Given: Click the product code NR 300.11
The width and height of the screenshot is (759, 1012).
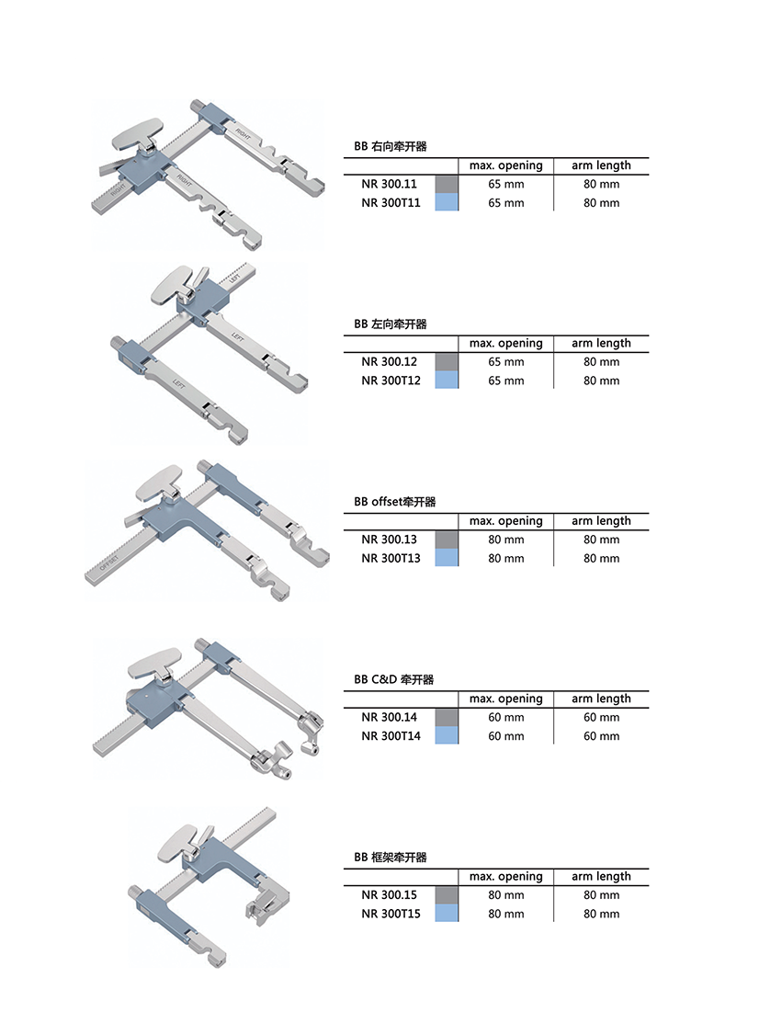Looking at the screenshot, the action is [390, 184].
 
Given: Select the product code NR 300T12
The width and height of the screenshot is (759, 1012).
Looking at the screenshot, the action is [391, 381].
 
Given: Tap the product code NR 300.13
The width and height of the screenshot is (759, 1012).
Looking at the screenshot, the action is [390, 540].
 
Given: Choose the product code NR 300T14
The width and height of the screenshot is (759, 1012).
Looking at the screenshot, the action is [391, 736].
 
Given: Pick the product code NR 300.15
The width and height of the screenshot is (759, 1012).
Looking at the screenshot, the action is [390, 895].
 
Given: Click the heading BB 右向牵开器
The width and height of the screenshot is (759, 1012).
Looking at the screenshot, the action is [391, 146].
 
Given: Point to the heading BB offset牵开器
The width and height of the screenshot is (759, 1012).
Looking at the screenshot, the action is [395, 502].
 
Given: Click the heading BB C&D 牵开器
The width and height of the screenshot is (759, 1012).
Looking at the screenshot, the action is [393, 679].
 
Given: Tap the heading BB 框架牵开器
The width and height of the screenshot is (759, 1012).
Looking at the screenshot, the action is [391, 858].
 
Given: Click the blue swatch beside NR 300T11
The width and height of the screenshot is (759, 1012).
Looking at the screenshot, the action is [447, 202].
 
